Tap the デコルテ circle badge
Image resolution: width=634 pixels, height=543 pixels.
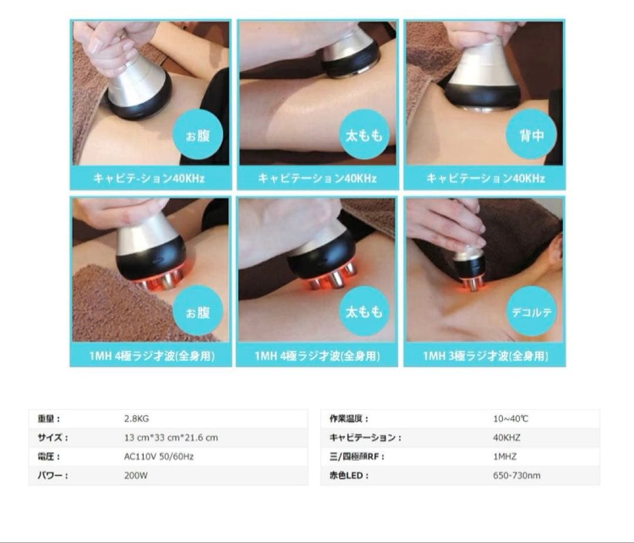tap(531, 311)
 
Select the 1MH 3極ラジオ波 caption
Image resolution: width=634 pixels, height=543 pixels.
tap(485, 356)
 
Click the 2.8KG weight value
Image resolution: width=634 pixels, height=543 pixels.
tap(136, 419)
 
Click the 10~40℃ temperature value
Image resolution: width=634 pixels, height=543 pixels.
tap(510, 419)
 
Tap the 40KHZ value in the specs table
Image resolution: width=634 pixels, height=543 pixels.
tap(506, 438)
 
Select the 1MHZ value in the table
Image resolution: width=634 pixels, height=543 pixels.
tap(504, 457)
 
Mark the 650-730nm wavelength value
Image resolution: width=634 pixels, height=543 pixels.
tap(516, 475)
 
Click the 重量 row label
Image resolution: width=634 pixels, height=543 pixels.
tap(49, 419)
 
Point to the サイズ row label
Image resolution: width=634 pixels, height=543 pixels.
tap(53, 438)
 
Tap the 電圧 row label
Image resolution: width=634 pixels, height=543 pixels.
tap(49, 457)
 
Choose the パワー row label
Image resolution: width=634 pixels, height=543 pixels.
tap(53, 475)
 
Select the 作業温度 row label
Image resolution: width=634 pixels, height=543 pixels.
tap(349, 419)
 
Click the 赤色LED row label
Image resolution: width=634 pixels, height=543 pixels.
tap(349, 475)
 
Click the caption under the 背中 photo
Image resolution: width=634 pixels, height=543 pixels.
tap(485, 178)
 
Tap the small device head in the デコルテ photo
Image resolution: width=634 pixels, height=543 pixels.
tap(470, 267)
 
